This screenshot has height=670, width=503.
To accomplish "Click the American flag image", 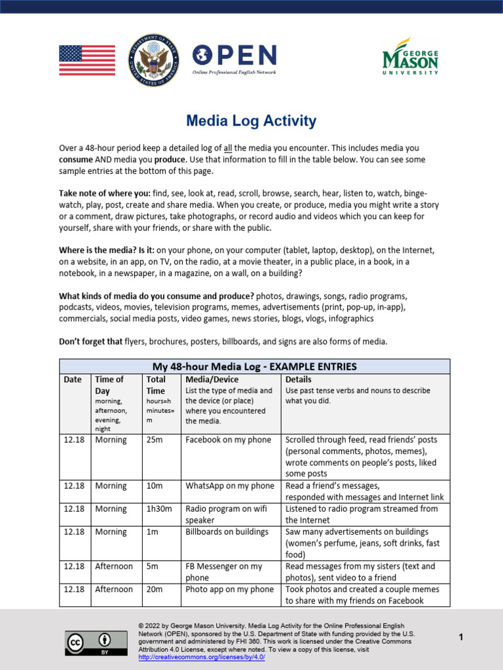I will point(87,61).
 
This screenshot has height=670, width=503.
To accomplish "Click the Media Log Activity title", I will point(251,121).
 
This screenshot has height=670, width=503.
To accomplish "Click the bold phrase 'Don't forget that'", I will point(91,341).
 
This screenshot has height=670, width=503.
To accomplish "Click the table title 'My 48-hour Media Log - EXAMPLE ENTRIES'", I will point(254,366).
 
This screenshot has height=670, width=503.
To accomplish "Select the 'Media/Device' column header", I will point(212,379).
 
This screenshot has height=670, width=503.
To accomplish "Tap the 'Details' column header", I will point(299,379).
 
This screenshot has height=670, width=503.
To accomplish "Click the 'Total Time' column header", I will point(156,385).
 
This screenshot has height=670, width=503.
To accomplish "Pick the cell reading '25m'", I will point(154,440).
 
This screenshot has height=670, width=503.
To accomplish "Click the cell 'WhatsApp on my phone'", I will point(230,486).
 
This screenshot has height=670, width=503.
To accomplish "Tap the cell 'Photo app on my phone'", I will point(230,590).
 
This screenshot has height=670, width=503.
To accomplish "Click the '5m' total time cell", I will point(152,567).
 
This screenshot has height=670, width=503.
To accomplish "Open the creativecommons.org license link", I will point(201,657).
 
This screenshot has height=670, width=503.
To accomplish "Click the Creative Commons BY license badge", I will point(87,643).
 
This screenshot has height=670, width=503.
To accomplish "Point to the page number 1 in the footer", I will point(461,637).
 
